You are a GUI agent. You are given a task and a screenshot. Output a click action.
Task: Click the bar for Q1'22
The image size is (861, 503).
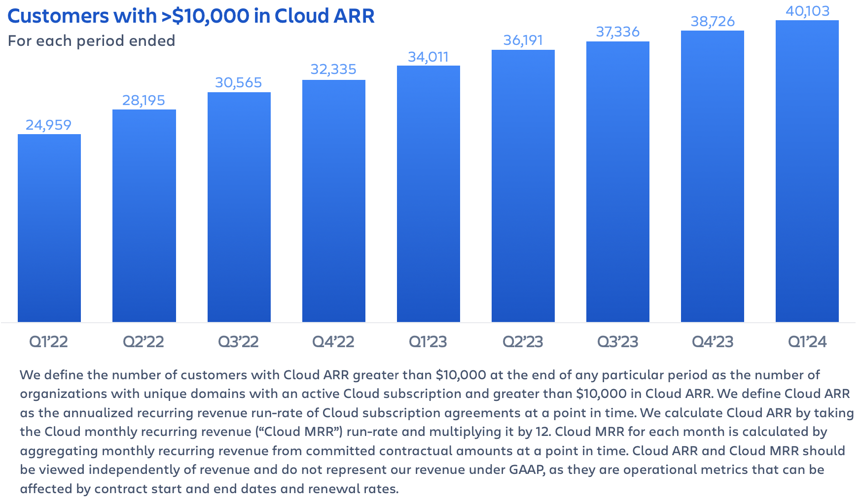(x=49, y=228)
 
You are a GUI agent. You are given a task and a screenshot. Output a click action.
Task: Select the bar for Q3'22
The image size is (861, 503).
(x=239, y=207)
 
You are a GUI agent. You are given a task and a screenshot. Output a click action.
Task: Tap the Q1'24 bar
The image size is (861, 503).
(x=807, y=171)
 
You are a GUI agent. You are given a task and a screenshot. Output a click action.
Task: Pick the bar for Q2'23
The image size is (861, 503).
(x=523, y=186)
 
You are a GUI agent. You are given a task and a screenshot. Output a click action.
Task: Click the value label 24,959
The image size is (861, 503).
(x=49, y=125)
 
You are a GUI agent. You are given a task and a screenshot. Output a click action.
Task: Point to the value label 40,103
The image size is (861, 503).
(x=807, y=11)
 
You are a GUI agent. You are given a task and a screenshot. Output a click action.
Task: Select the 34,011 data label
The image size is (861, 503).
(x=429, y=57)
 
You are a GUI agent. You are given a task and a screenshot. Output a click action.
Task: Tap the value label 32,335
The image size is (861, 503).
(x=333, y=70)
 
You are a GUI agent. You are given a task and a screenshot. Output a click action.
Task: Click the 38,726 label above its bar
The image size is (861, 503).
(x=713, y=22)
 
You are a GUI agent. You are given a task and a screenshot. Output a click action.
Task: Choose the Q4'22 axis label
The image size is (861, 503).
(x=333, y=342)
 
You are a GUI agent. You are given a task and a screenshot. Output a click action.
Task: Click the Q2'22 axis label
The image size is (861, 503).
(x=143, y=342)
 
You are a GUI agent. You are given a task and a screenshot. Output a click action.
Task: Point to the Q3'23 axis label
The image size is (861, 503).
(x=618, y=342)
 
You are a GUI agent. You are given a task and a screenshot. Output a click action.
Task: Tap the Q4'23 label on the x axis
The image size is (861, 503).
(x=713, y=342)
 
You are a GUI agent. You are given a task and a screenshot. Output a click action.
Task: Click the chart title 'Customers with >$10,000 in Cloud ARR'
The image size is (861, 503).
(x=191, y=16)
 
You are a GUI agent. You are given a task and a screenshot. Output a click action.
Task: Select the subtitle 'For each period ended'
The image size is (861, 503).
(x=92, y=40)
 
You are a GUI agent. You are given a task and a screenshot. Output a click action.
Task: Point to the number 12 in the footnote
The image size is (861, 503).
(x=542, y=431)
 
